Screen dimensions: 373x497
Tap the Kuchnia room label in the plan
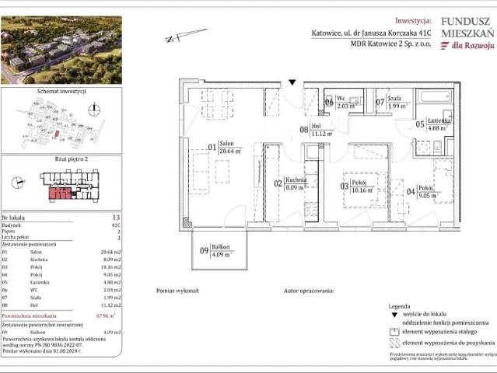[x=295, y=180]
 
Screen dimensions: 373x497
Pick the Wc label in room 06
[x=343, y=101]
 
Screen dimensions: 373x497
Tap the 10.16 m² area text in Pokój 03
[x=362, y=189]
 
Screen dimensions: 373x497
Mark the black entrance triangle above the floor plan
[x=292, y=81]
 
